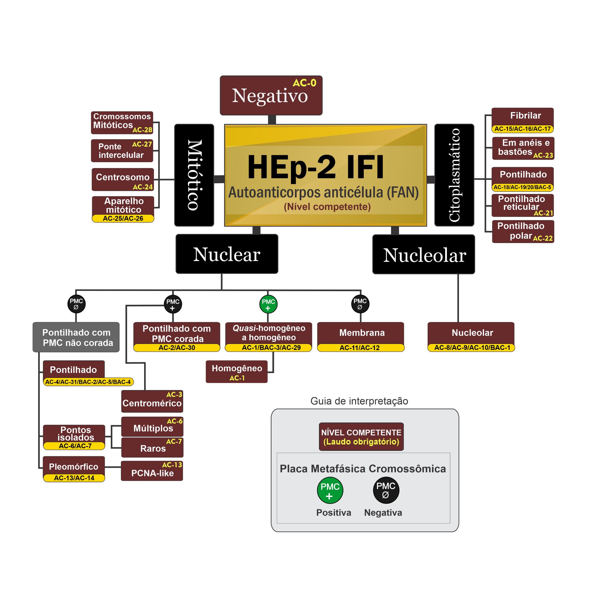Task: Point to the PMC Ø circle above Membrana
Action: click(360, 304)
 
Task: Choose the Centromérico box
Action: click(152, 401)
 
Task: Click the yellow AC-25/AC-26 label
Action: click(123, 218)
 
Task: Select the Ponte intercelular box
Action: click(122, 151)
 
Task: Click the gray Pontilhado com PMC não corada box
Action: click(76, 337)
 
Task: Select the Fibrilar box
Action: click(522, 116)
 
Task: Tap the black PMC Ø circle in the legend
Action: click(386, 490)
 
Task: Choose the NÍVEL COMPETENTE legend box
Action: click(361, 437)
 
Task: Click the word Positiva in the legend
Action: click(333, 513)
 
